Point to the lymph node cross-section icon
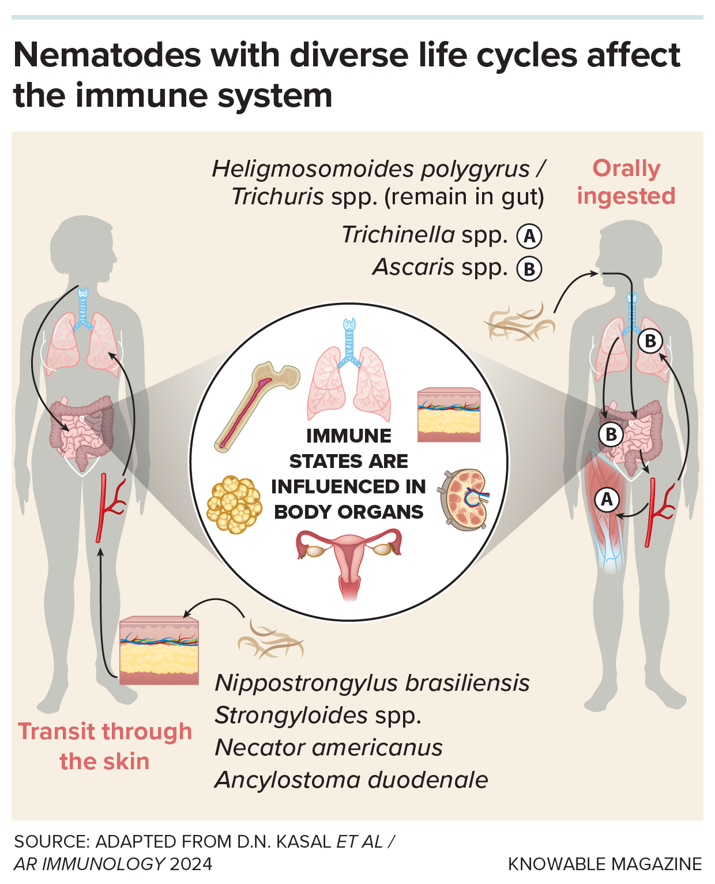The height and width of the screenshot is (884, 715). click(x=465, y=500)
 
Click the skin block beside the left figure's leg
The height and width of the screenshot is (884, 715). click(x=159, y=651)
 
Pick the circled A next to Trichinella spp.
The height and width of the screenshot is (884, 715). click(x=529, y=236)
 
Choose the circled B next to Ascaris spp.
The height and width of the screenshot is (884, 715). click(x=529, y=269)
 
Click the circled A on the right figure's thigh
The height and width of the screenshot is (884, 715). click(x=607, y=499)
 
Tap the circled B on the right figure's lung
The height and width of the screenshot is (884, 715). click(x=650, y=341)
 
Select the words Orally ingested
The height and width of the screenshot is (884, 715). click(x=626, y=182)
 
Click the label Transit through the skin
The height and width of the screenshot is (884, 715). click(x=105, y=746)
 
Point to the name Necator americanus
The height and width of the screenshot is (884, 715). click(x=329, y=747)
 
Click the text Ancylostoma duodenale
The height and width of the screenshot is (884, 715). click(x=351, y=780)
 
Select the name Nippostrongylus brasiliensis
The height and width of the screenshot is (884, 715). click(x=372, y=683)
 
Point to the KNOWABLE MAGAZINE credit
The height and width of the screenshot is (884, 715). click(x=604, y=864)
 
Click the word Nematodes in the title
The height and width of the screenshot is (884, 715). click(x=107, y=55)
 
